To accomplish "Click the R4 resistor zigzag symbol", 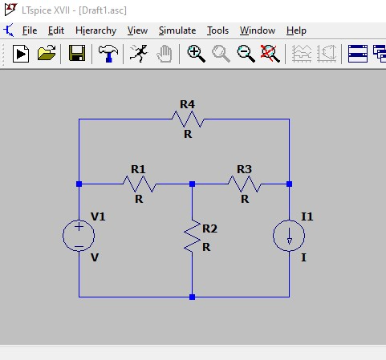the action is coord(188,119).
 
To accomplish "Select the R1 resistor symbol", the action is coord(139,184).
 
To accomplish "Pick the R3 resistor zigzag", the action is coord(245,184).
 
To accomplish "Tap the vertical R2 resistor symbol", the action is coord(193,236).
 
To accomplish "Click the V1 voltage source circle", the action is coord(79,236).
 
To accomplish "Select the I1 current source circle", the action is coord(289,236).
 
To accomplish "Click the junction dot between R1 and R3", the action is coord(192,184).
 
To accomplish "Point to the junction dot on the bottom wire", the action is coord(192,297).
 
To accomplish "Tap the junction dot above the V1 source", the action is coord(79,184).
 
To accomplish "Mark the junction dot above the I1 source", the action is coord(289,184).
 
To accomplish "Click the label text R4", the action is coord(187,104).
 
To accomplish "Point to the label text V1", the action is coord(98,216).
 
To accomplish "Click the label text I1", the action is coord(307,216).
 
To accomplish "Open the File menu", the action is coord(30,30).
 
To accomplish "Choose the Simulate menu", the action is coord(177,30).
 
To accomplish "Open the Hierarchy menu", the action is coord(95,30).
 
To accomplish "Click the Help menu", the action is coord(296,30).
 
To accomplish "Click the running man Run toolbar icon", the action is coord(139,53).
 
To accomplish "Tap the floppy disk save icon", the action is coord(77,53).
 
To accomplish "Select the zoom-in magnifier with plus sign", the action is coord(196,54).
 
